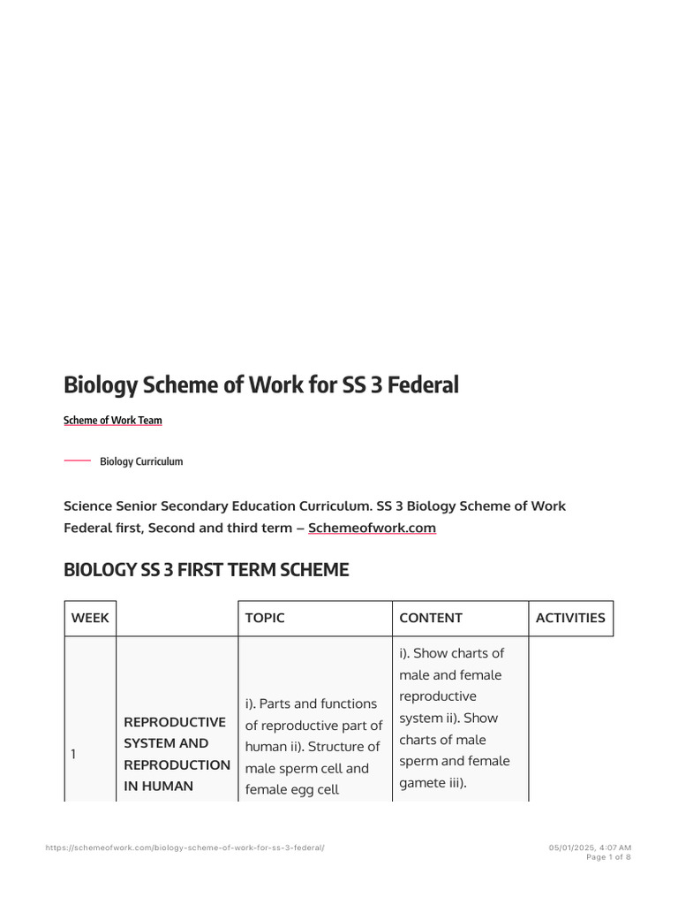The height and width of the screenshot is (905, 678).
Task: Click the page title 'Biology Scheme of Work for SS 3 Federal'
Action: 261,385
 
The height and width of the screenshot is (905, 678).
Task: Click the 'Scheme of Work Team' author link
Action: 113,421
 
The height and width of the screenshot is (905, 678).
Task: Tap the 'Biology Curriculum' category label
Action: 141,461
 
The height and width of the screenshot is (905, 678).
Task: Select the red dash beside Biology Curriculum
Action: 78,461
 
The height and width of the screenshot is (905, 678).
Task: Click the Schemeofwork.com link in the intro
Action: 372,528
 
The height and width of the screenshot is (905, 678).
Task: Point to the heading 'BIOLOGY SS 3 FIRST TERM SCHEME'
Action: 207,570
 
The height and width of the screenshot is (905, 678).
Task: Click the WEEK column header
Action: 90,618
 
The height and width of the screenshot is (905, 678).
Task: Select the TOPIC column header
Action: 265,618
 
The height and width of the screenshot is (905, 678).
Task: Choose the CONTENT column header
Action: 431,618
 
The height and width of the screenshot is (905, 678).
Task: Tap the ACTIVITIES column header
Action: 570,618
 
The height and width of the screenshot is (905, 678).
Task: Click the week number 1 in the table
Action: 73,754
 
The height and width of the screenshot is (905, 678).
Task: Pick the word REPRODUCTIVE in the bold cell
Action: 175,722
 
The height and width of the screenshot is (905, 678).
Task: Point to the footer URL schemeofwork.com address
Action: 185,848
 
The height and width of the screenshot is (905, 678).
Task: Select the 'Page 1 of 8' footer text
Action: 609,857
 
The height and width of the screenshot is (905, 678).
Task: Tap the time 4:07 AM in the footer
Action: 616,848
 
